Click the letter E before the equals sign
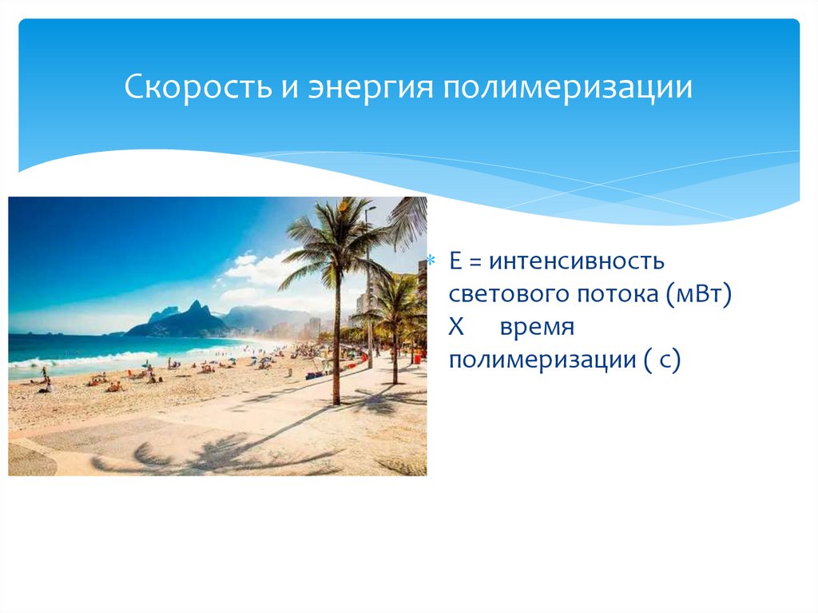point(456,261)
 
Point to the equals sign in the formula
point(476,262)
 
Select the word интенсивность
point(577,261)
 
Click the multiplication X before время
point(458,327)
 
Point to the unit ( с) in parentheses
point(660,360)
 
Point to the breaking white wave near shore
point(88,359)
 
